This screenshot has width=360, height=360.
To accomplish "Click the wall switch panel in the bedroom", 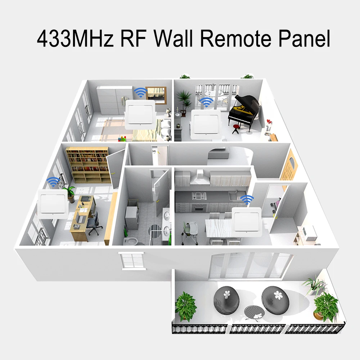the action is pyautogui.click(x=140, y=113).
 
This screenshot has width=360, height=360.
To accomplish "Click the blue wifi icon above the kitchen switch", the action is pyautogui.click(x=247, y=199).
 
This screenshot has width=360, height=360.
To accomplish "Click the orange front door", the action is pyautogui.click(x=290, y=168).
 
